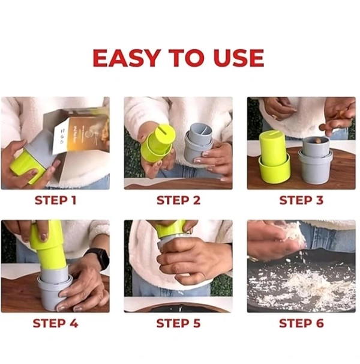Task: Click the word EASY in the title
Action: tap(127, 58)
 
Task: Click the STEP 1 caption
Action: tap(55, 201)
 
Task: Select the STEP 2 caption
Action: tap(178, 201)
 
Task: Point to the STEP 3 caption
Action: tap(301, 201)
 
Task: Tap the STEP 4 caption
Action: tap(55, 323)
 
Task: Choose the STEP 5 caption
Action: tap(178, 323)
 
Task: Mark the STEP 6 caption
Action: tap(301, 323)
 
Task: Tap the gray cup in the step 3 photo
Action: tap(316, 160)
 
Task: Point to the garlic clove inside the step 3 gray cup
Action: tap(316, 141)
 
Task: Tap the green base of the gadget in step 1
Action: tap(28, 168)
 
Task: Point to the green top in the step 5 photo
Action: tap(170, 229)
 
